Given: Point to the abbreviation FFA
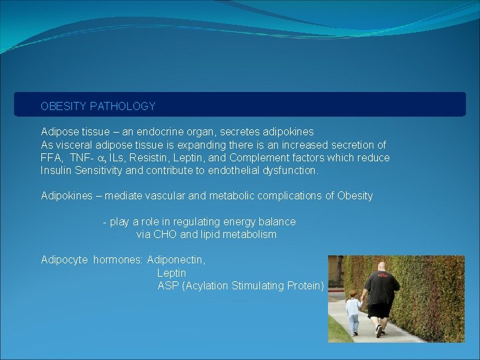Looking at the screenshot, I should coord(51,157).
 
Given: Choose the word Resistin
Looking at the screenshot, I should coord(157,157).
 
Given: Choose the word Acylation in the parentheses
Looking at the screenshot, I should coord(207,285).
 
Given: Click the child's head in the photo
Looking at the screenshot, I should coord(352,293).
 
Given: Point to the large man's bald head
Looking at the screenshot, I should coord(381,267).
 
